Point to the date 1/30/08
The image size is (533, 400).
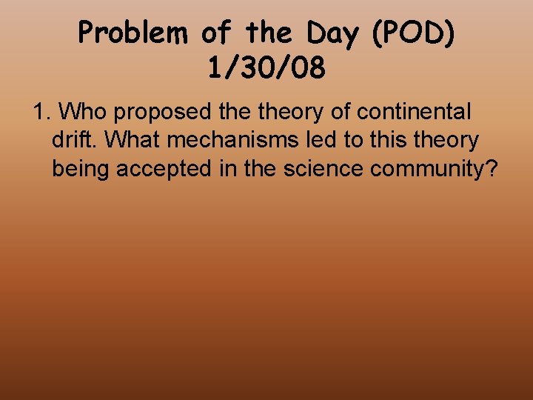(x=266, y=69)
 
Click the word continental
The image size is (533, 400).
(x=414, y=112)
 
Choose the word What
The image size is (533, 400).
(x=131, y=140)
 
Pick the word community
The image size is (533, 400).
(x=429, y=169)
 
